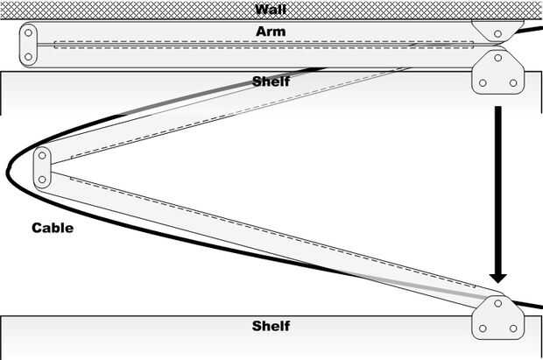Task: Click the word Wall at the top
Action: (x=271, y=10)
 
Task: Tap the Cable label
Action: (x=53, y=228)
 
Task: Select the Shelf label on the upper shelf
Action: (x=271, y=81)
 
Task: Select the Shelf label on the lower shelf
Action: (x=271, y=327)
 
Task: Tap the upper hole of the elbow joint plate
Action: (x=42, y=157)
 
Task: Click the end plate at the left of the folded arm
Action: (x=29, y=45)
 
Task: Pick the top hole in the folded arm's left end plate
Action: (x=29, y=35)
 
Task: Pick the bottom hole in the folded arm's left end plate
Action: (x=29, y=56)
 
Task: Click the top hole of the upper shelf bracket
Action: (x=497, y=59)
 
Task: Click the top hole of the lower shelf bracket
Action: (x=497, y=304)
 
